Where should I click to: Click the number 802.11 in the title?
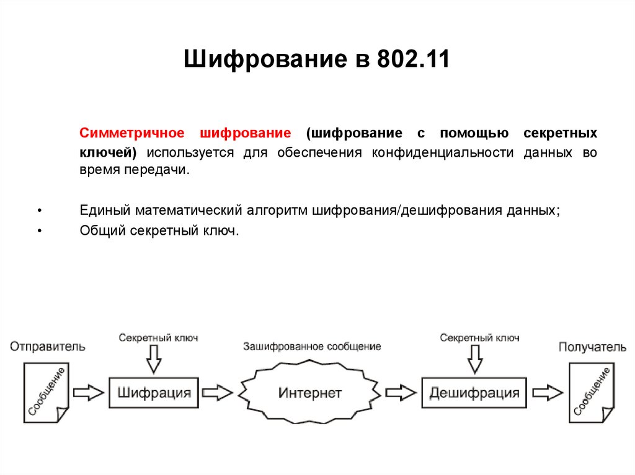pyautogui.click(x=411, y=60)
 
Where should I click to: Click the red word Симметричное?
pyautogui.click(x=132, y=134)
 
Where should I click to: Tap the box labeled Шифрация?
pyautogui.click(x=154, y=392)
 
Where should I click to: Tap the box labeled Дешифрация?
pyautogui.click(x=474, y=392)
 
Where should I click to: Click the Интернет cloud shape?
pyautogui.click(x=310, y=393)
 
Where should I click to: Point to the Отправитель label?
pyautogui.click(x=48, y=347)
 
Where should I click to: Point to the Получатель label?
pyautogui.click(x=592, y=347)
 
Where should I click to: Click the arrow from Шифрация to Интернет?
pyautogui.click(x=217, y=392)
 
